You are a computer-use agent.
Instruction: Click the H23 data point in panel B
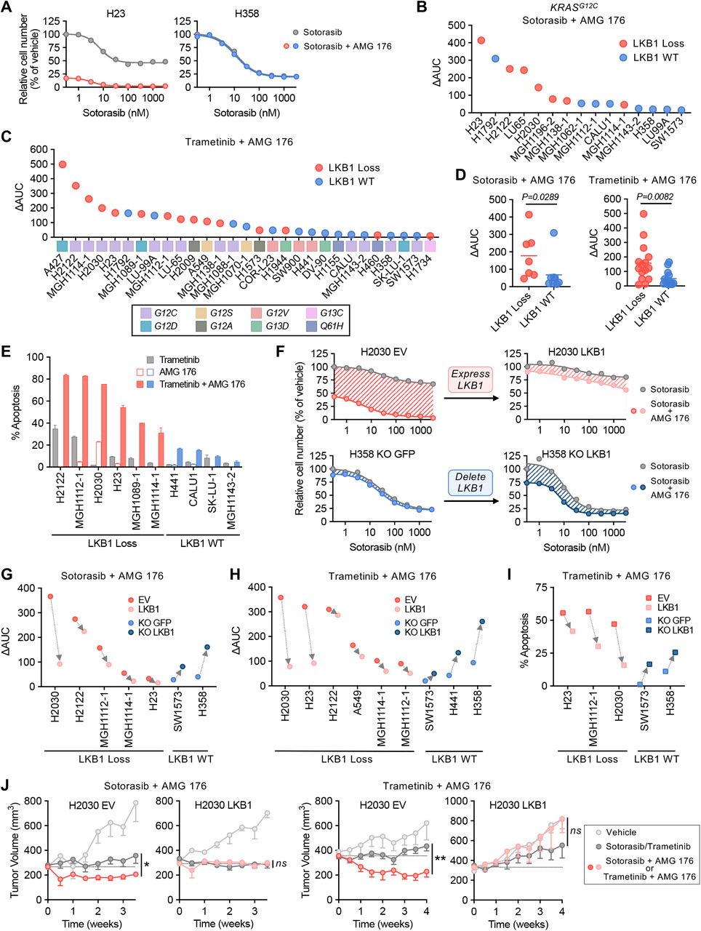481,41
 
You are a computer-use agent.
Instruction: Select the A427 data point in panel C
62,164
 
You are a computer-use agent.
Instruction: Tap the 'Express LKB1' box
470,380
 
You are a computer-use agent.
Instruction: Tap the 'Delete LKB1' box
470,482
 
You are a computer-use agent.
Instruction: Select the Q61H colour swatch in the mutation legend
308,327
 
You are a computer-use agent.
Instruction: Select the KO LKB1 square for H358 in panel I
675,652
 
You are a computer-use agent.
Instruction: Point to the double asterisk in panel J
440,858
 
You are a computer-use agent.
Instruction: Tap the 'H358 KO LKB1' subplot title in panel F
576,454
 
